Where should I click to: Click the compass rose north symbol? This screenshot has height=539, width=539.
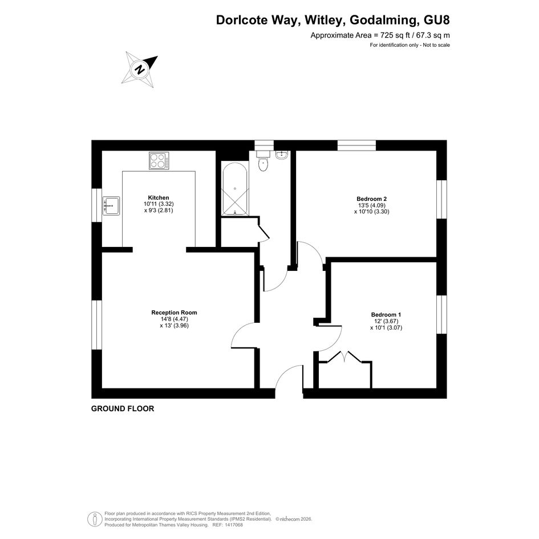140,70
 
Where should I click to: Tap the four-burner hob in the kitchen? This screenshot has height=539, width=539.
159,160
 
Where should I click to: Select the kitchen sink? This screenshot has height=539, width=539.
111,205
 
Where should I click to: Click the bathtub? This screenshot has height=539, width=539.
235,189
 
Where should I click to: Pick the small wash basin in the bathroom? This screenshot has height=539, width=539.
282,155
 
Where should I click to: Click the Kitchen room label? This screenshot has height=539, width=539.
159,198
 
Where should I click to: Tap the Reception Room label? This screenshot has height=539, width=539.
175,313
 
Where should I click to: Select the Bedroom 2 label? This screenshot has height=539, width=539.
371,198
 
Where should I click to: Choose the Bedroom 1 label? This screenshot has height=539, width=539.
386,314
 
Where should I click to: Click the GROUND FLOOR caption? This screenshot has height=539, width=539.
123,409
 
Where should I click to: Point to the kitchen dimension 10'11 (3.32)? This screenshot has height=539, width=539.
159,204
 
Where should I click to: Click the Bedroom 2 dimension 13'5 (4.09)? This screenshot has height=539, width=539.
371,205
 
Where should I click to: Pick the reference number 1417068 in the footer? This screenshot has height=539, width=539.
233,525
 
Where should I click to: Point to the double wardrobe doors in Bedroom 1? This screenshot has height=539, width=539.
345,357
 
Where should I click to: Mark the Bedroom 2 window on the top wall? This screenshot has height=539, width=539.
356,145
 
